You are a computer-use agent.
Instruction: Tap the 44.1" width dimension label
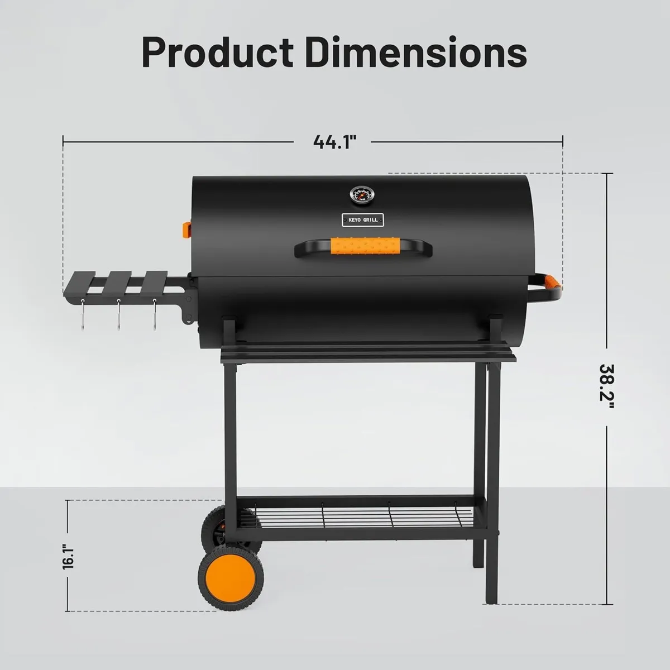point(334,142)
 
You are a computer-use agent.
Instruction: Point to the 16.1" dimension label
point(68,556)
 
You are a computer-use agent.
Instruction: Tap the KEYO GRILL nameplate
point(362,220)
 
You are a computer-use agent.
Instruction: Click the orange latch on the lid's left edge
point(185,229)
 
